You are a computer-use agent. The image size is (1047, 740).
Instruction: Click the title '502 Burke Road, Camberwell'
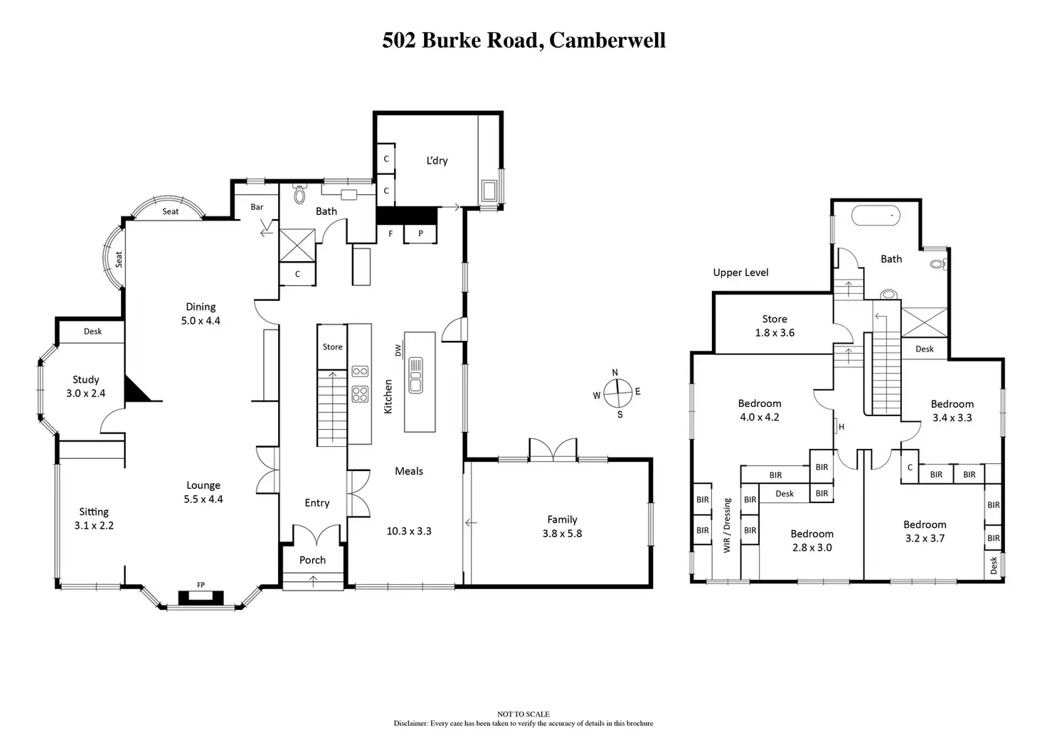(x=523, y=40)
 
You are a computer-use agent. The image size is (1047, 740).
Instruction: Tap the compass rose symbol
(x=617, y=392)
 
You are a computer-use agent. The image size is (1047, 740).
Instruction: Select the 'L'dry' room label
(x=437, y=161)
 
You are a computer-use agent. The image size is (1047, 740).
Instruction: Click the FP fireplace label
(x=201, y=585)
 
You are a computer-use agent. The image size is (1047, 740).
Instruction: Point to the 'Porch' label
(x=312, y=560)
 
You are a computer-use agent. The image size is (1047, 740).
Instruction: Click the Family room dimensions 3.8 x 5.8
(x=562, y=534)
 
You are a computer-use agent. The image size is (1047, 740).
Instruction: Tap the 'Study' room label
(x=86, y=380)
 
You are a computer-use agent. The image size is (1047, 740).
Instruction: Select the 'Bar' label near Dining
(x=257, y=207)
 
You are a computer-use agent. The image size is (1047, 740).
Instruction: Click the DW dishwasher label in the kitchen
(x=398, y=350)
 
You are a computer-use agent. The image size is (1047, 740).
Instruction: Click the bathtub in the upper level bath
(x=875, y=215)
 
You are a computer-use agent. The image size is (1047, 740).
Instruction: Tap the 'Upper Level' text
(x=740, y=273)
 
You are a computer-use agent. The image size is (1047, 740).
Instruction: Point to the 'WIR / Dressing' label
(x=727, y=525)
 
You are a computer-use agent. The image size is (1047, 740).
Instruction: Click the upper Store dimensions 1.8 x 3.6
(x=775, y=333)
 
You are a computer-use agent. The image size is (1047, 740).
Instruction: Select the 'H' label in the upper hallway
(x=841, y=427)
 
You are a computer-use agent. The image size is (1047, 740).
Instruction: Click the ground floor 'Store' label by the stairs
(x=332, y=347)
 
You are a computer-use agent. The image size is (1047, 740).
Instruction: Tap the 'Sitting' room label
(x=94, y=512)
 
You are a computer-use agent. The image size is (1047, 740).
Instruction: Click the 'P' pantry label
(x=420, y=233)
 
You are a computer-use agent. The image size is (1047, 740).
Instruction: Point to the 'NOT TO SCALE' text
(x=523, y=714)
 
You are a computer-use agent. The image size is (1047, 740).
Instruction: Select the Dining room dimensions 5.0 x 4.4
(x=201, y=321)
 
